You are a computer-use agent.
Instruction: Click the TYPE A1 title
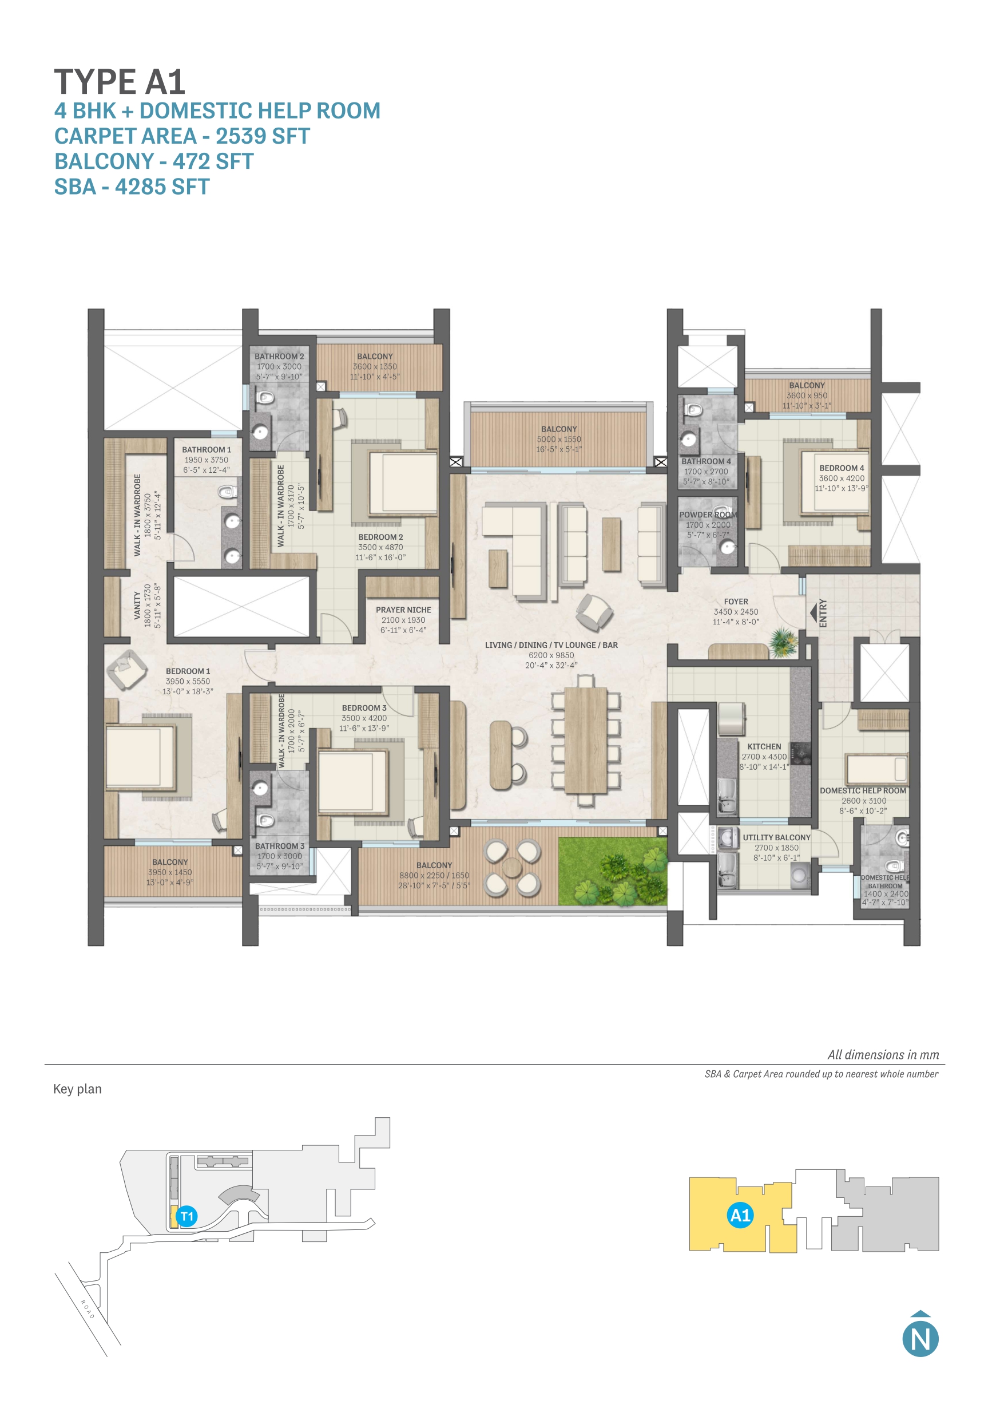coord(120,82)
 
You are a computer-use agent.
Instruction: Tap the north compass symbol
coord(920,1338)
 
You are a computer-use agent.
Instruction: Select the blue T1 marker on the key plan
coord(186,1216)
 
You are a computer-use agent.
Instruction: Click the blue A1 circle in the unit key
coord(740,1215)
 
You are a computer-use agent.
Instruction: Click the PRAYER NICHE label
coord(403,610)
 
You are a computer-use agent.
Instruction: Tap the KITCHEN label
coord(764,746)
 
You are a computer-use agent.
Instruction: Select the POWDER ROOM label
coord(708,515)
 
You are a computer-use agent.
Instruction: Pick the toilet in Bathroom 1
coord(228,492)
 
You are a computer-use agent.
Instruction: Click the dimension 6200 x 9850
coord(551,655)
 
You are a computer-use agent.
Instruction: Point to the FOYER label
coord(736,601)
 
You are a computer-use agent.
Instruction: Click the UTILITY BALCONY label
coord(776,837)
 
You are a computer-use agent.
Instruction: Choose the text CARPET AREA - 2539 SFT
coord(182,136)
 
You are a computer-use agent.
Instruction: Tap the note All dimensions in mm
coord(883,1054)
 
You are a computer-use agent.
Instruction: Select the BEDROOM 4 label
coord(842,468)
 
